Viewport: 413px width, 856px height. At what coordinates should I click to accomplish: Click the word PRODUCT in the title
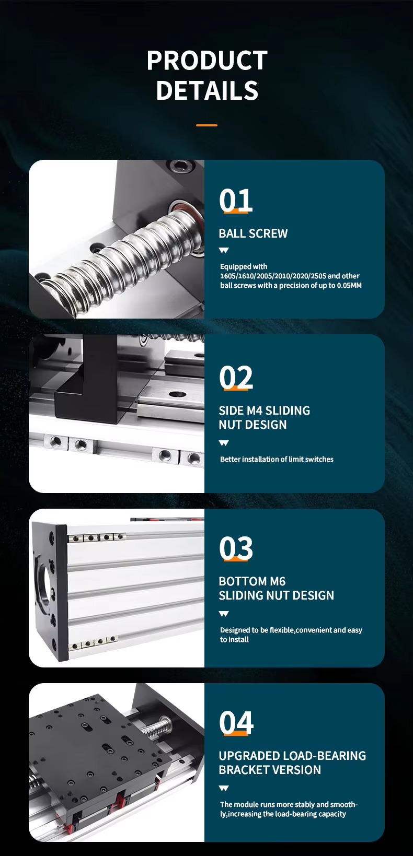207,61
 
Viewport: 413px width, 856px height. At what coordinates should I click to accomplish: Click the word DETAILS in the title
207,90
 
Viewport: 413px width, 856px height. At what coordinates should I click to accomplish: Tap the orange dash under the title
206,125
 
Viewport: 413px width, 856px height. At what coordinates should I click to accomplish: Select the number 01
236,200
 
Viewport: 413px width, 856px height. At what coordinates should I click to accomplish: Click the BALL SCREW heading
253,233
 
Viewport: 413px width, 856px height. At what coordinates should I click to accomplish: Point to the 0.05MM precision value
349,286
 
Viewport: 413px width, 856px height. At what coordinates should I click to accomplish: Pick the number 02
236,378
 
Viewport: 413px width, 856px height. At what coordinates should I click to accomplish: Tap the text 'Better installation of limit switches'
277,459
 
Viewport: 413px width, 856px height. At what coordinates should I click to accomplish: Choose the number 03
236,548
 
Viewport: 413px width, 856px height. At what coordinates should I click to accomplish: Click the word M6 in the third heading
278,581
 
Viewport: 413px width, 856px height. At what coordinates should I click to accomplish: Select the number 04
236,723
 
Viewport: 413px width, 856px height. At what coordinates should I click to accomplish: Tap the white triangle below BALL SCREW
224,251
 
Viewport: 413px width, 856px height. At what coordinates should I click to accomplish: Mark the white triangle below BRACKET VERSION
224,788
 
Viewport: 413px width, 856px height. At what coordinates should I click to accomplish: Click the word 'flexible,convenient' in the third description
301,630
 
